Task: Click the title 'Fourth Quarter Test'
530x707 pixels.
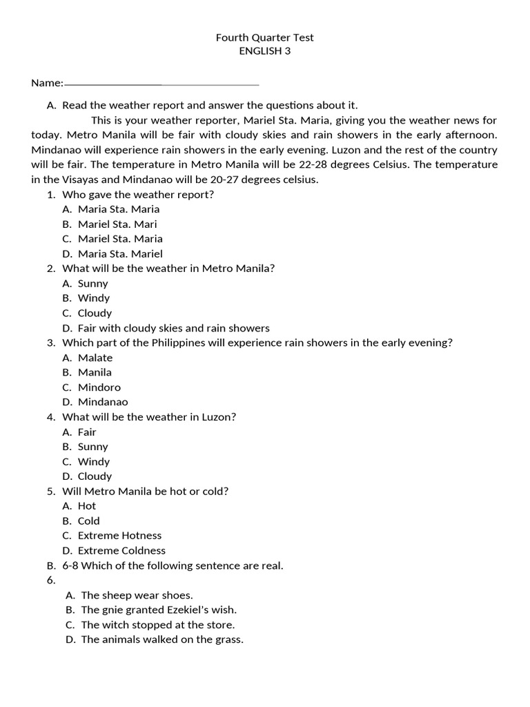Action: pyautogui.click(x=265, y=38)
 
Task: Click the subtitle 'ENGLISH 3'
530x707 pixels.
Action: pyautogui.click(x=265, y=51)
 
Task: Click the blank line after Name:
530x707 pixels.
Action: pyautogui.click(x=161, y=84)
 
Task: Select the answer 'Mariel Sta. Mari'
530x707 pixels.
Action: pyautogui.click(x=117, y=224)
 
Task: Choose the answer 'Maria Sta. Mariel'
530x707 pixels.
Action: pyautogui.click(x=120, y=253)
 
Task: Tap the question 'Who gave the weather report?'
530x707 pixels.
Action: pyautogui.click(x=138, y=194)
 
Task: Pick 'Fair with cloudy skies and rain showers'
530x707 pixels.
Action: pyautogui.click(x=173, y=328)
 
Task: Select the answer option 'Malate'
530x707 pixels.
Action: pyautogui.click(x=95, y=358)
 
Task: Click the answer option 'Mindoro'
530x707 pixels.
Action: pyautogui.click(x=99, y=387)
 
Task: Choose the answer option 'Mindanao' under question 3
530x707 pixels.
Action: pyautogui.click(x=103, y=402)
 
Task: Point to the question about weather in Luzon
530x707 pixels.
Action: pyautogui.click(x=149, y=417)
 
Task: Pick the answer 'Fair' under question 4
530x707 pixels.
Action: pyautogui.click(x=87, y=432)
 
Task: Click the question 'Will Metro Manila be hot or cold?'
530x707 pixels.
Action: pyautogui.click(x=145, y=491)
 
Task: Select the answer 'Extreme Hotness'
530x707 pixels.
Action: pyautogui.click(x=119, y=535)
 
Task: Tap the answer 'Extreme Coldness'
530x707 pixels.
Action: pyautogui.click(x=121, y=550)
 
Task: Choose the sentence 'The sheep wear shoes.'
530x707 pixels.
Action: pyautogui.click(x=137, y=595)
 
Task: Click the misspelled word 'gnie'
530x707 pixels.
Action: pyautogui.click(x=113, y=610)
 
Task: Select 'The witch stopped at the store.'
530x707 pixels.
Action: pyautogui.click(x=157, y=625)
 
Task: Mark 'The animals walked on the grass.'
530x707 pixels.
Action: pyautogui.click(x=162, y=639)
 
